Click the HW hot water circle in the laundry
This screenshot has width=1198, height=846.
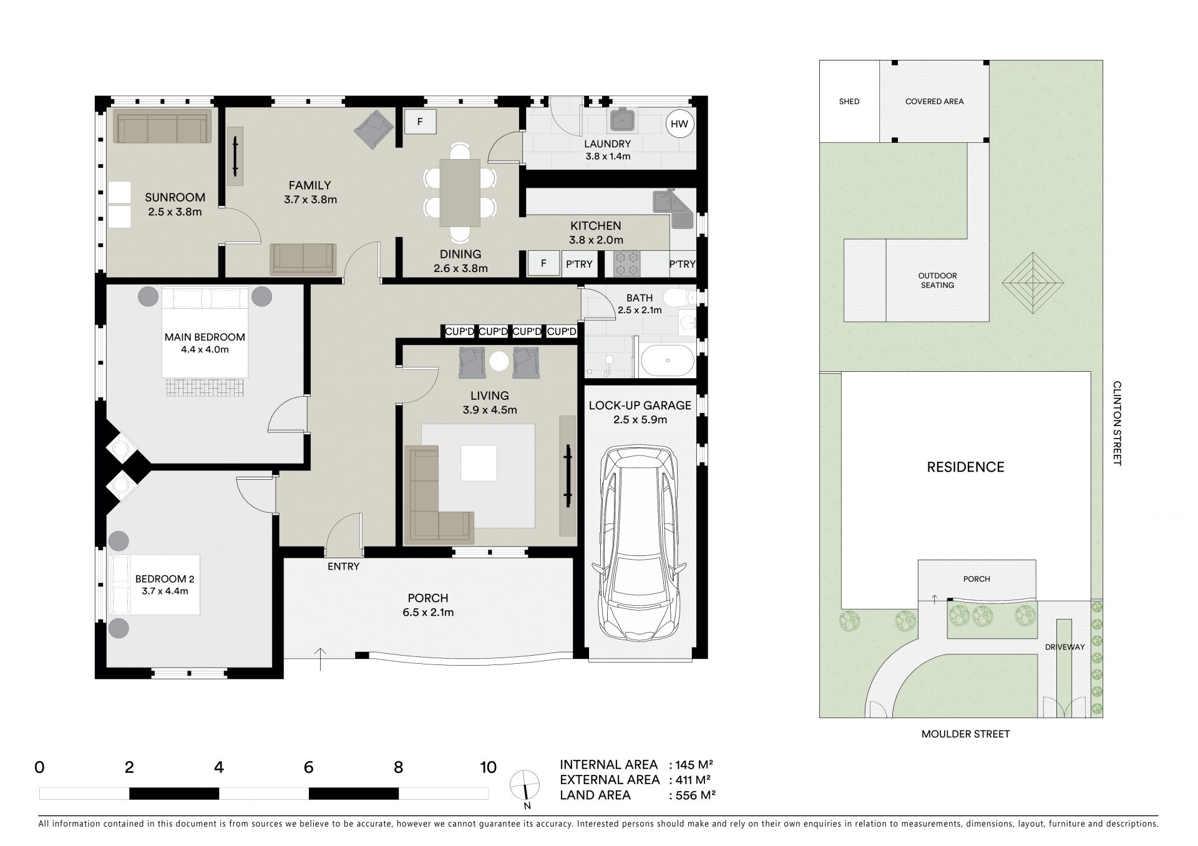[x=679, y=124]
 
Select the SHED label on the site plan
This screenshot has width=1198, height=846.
[x=849, y=102]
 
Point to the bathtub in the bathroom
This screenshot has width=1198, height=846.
[x=667, y=361]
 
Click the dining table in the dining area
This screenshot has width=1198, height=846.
[x=460, y=193]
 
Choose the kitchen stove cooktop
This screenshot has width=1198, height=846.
[x=627, y=263]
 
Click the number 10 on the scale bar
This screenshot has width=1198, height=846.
[x=488, y=767]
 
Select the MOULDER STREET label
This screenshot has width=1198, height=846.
[x=965, y=734]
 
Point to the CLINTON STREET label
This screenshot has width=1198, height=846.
[x=1117, y=424]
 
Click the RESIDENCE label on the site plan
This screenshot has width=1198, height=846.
[x=965, y=467]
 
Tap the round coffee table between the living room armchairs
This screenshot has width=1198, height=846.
[x=499, y=362]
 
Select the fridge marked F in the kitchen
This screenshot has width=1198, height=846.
[x=543, y=263]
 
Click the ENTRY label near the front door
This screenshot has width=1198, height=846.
[x=343, y=566]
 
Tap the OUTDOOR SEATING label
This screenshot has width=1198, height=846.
[x=937, y=280]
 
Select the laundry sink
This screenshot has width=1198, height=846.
[x=622, y=120]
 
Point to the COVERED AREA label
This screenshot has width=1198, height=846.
[x=934, y=102]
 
